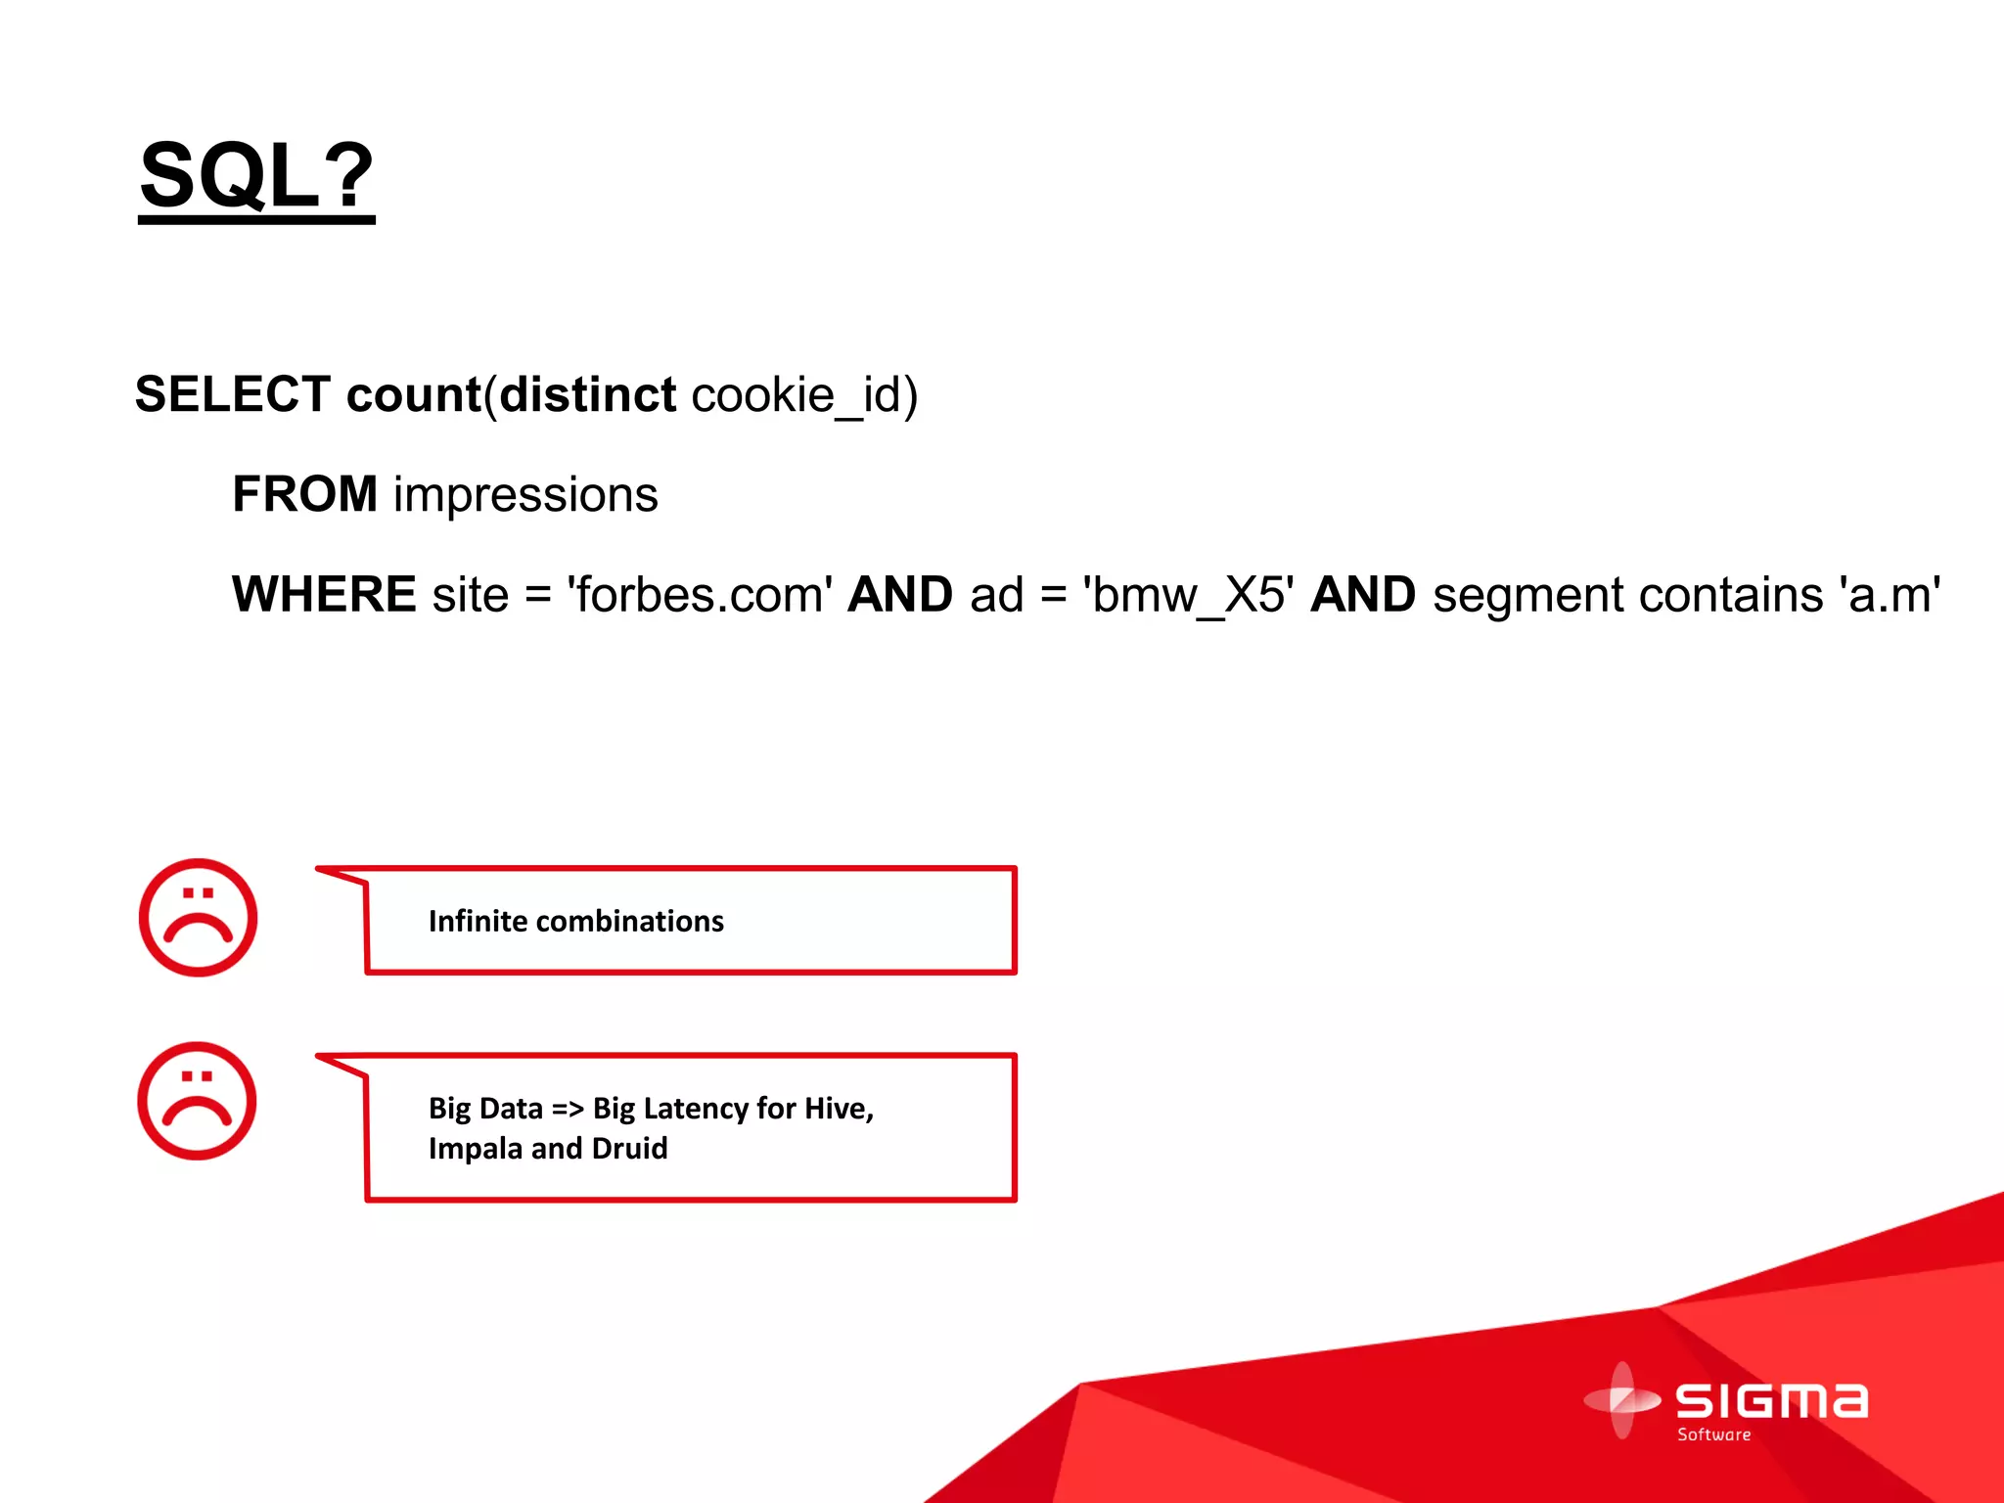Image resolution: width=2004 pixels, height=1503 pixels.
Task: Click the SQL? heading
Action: (256, 176)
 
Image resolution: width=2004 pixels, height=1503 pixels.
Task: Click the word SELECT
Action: (233, 395)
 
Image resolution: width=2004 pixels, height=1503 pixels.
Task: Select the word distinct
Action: (587, 395)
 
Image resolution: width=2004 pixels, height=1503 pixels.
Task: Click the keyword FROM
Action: (304, 494)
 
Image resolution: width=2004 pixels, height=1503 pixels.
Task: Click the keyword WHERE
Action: (324, 595)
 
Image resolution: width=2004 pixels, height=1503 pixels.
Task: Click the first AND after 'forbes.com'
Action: (900, 595)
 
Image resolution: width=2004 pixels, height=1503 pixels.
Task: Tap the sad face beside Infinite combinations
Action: (198, 918)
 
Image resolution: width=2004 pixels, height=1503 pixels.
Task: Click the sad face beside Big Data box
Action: (197, 1101)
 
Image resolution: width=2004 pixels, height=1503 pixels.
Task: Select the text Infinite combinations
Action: (575, 922)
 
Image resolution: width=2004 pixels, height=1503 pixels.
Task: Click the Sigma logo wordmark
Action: (1771, 1401)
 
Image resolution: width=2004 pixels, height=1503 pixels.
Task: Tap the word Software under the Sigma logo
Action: (1713, 1435)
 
